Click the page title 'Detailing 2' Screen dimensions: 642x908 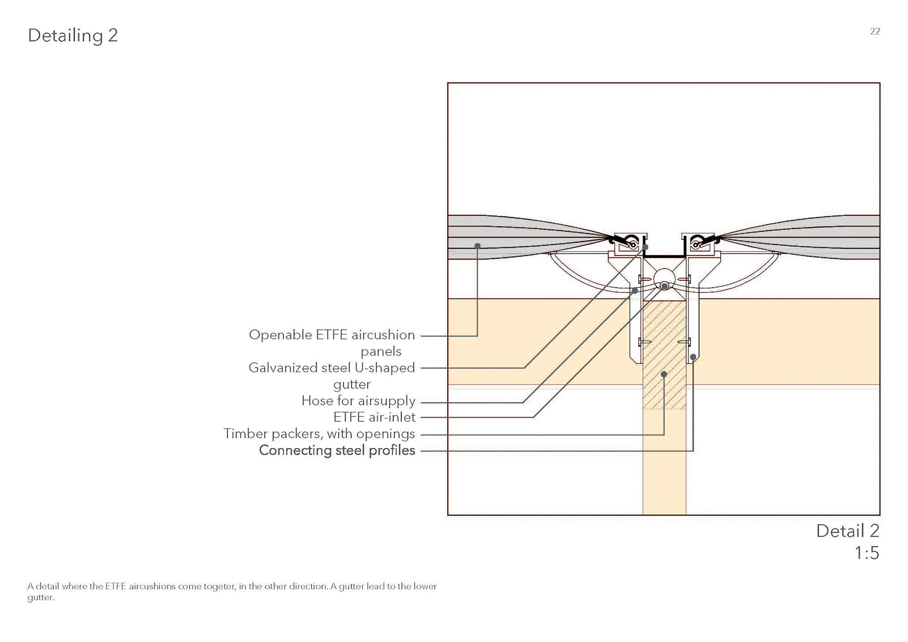[x=73, y=35]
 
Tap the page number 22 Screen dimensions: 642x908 [x=875, y=32]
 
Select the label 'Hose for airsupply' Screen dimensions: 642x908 [x=358, y=401]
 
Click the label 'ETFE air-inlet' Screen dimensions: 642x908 [x=374, y=417]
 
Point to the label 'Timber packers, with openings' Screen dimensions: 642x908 [x=319, y=434]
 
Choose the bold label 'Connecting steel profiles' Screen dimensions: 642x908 [x=337, y=450]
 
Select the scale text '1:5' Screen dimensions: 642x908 [x=866, y=553]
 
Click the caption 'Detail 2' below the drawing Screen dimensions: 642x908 [x=847, y=531]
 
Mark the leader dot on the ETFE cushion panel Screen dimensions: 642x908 [x=478, y=246]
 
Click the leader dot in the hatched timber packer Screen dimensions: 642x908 [x=664, y=374]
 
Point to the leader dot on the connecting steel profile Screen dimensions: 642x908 [x=693, y=357]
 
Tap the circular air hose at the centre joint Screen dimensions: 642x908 [x=664, y=278]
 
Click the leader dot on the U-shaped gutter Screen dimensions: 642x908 [x=645, y=247]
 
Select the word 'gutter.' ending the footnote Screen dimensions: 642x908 [x=41, y=598]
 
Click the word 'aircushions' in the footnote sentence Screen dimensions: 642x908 [x=152, y=587]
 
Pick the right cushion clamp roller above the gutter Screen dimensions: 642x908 [x=696, y=245]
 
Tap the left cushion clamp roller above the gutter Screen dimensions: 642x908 [x=633, y=245]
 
